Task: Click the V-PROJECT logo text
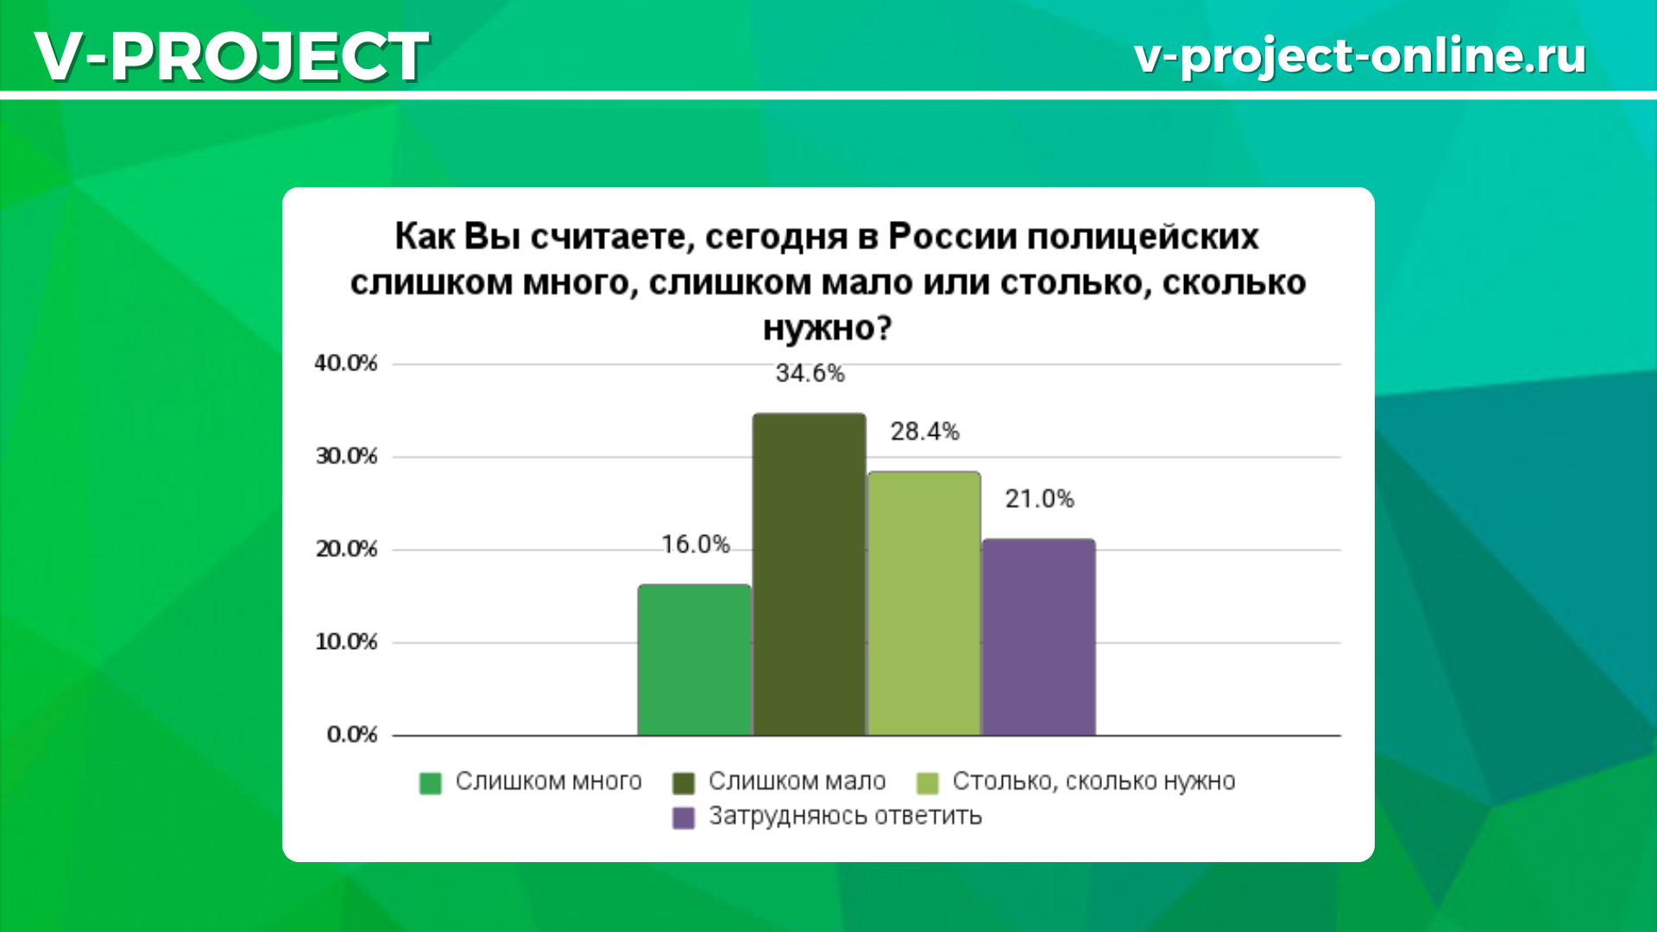pos(232,56)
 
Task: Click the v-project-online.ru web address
pos(1360,56)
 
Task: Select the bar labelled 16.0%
pos(695,660)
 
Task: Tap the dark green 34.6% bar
pos(810,575)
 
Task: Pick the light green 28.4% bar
pos(924,603)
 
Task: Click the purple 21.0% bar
pos(1039,638)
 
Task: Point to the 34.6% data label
pos(810,374)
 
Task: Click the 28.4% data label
pos(924,431)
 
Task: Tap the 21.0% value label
pos(1039,499)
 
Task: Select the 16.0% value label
pos(696,545)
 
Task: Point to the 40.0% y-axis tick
pos(346,363)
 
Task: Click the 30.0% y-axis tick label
pos(346,457)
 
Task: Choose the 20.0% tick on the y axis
pos(346,549)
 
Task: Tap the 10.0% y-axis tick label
pos(346,642)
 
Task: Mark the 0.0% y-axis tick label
pos(352,734)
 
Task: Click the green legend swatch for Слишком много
pos(430,783)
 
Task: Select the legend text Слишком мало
pos(797,781)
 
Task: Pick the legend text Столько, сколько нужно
pos(1093,782)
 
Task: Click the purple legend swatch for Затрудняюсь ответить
pos(684,818)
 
